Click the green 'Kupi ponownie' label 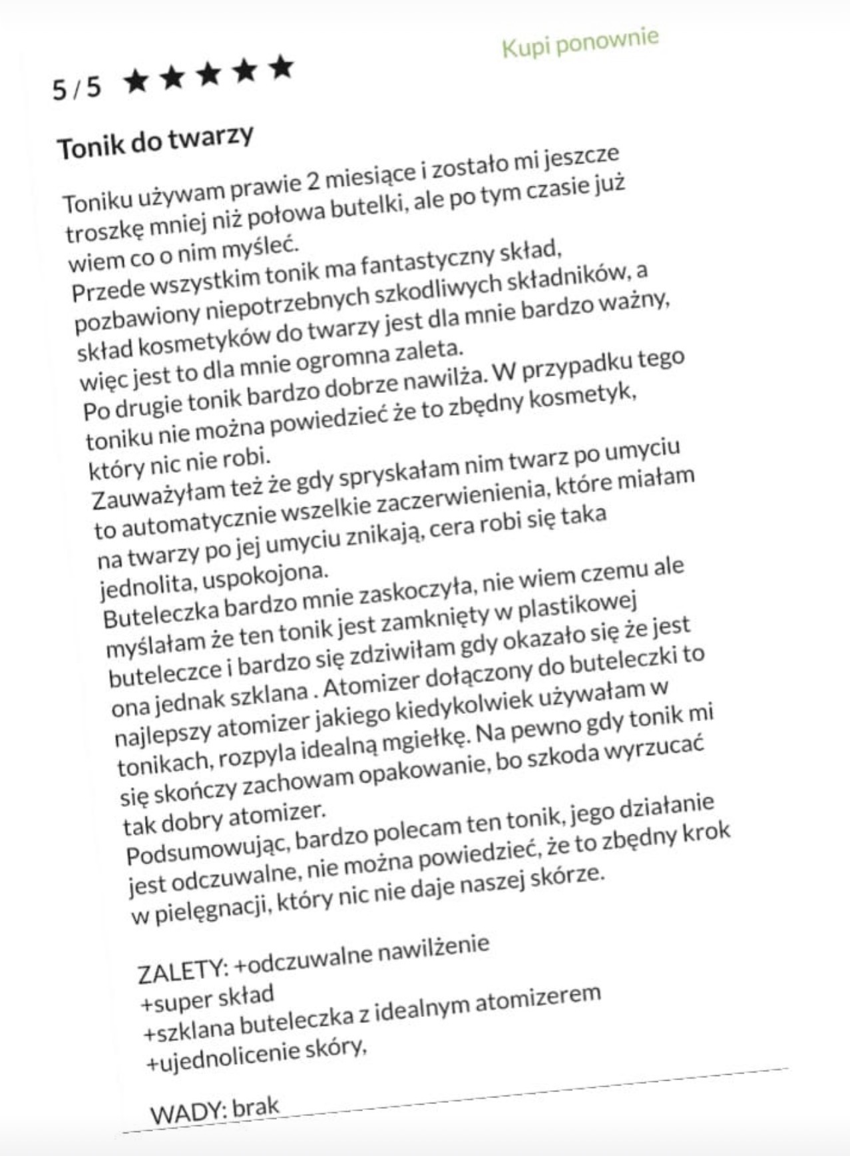580,43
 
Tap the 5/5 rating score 77,87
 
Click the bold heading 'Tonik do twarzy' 156,142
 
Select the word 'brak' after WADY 256,1107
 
